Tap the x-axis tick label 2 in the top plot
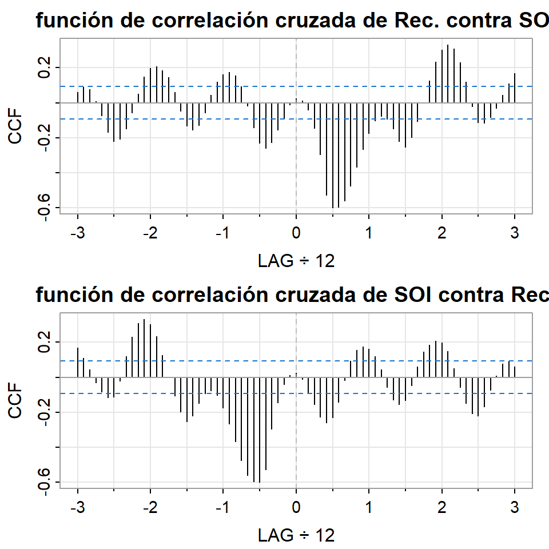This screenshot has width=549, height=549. point(441,233)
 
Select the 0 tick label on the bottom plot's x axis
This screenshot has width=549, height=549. point(296,508)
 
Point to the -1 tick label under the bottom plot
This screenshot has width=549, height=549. point(222,508)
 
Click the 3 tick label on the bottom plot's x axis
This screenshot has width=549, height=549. point(515,508)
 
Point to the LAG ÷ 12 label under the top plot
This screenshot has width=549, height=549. point(296,261)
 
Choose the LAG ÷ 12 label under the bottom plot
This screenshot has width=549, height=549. point(296,536)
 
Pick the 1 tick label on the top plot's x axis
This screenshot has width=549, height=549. point(369,233)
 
